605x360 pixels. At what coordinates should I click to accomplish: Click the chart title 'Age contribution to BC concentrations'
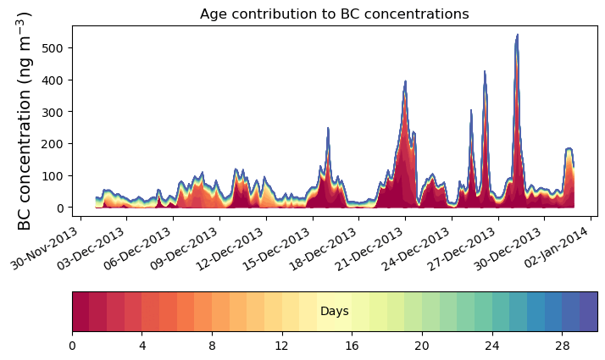pyautogui.click(x=334, y=14)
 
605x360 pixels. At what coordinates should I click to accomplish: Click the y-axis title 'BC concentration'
pyautogui.click(x=25, y=121)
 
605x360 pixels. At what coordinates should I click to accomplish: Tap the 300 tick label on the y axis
pyautogui.click(x=53, y=112)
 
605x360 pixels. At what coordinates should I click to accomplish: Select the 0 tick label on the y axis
pyautogui.click(x=61, y=208)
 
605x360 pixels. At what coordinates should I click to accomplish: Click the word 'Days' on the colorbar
pyautogui.click(x=334, y=312)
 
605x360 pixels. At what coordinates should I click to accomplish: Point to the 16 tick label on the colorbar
pyautogui.click(x=352, y=346)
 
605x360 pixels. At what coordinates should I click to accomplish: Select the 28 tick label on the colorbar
pyautogui.click(x=562, y=346)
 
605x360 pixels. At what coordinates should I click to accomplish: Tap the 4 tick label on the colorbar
pyautogui.click(x=142, y=346)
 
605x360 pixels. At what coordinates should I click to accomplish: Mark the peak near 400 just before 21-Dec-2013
pyautogui.click(x=406, y=83)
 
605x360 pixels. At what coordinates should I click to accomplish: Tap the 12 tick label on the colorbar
pyautogui.click(x=282, y=346)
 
